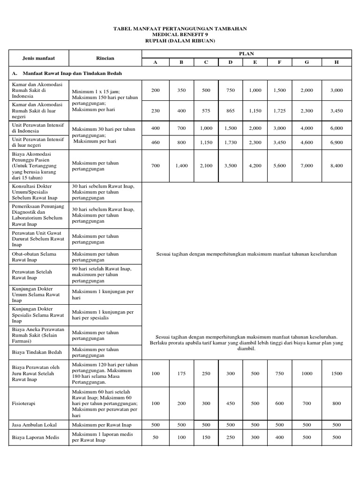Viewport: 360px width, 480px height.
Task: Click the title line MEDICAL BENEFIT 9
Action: tap(180, 35)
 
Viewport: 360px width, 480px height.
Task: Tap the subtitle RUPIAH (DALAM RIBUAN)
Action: tap(180, 41)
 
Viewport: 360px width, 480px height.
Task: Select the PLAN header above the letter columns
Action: tap(246, 54)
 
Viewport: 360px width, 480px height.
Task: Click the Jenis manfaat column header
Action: tap(39, 58)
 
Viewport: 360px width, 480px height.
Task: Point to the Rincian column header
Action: tap(105, 58)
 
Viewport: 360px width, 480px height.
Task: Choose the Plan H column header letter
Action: tap(336, 62)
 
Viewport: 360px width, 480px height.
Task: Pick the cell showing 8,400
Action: tap(336, 166)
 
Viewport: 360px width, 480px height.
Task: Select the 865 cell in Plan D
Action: tap(231, 109)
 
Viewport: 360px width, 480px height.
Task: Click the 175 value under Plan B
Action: tap(181, 374)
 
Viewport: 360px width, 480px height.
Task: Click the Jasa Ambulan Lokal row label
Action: tap(34, 425)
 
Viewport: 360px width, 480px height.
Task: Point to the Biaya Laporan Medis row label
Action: tap(34, 437)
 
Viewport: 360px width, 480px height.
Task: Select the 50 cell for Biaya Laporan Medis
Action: tap(156, 437)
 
